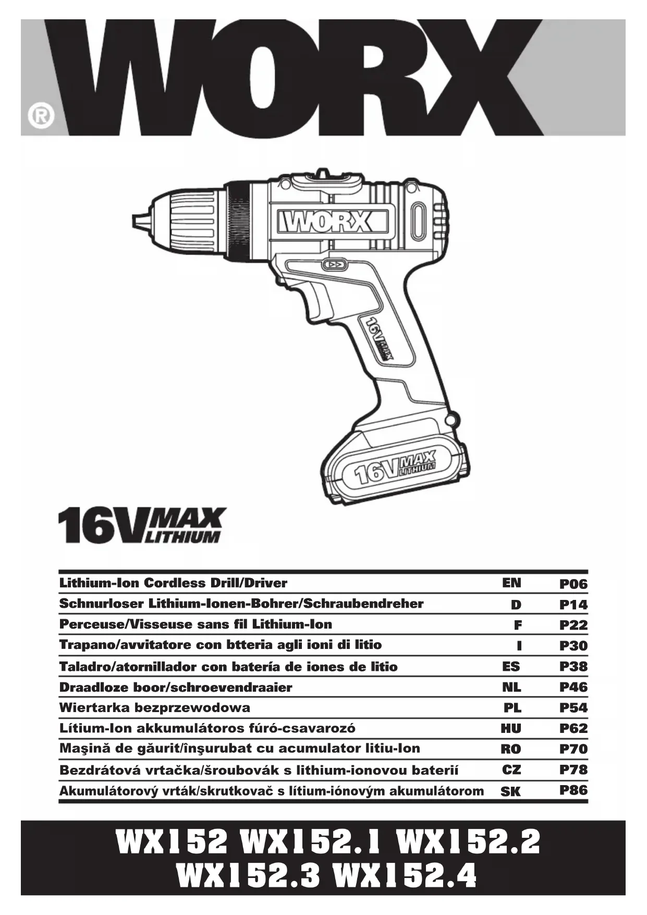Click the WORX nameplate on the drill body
[x=326, y=222]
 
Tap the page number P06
[x=573, y=584]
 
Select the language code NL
[x=511, y=687]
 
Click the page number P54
[x=573, y=708]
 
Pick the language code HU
[x=511, y=728]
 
